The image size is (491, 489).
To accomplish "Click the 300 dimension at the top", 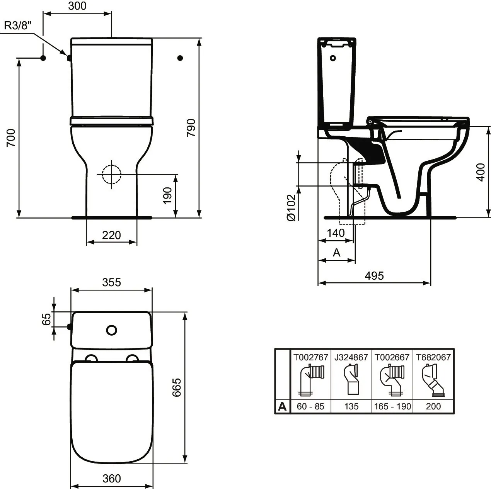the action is point(77,6).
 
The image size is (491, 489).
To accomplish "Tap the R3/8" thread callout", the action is point(18,25).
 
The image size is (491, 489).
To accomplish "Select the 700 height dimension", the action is point(11,138).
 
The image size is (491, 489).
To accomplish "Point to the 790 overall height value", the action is point(191,127).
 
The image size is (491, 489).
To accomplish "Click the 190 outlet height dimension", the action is point(168,195).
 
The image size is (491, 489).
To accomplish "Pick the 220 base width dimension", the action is point(111,235).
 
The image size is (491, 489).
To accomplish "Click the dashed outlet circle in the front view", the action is point(111,174).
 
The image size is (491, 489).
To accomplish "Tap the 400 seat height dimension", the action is point(481,172).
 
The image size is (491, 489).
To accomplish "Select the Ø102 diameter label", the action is point(291,207).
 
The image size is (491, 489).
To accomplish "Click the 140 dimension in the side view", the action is point(336,233).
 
